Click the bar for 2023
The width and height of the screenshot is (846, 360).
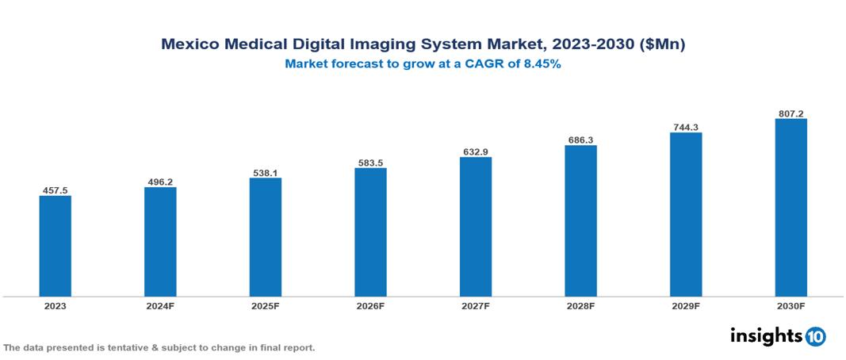point(55,246)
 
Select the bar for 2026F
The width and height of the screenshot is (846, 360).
point(370,232)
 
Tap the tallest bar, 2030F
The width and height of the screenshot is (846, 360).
point(790,208)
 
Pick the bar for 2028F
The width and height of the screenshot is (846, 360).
point(580,221)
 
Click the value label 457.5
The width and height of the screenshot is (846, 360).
point(55,190)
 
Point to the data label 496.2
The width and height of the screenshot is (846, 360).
point(160,182)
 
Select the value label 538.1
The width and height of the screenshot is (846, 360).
point(265,172)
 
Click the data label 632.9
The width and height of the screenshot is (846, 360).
point(475,151)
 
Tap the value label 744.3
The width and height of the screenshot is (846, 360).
point(685,127)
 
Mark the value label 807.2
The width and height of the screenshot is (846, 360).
point(790,113)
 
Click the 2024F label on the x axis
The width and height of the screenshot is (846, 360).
point(160,305)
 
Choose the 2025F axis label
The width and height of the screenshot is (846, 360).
point(265,305)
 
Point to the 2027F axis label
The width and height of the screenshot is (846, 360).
point(475,305)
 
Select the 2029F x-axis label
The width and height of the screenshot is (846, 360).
point(685,305)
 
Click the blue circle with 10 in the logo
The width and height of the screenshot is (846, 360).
point(815,336)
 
